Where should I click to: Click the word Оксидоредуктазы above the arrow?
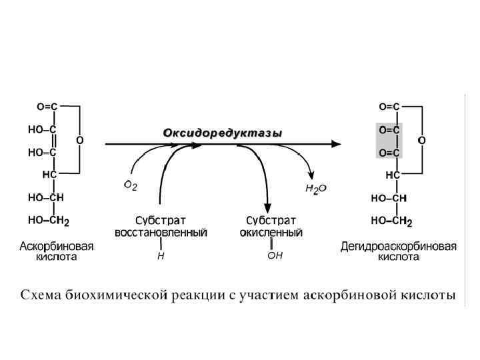point(223,133)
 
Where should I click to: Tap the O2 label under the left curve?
point(131,186)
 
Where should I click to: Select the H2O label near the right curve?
point(315,189)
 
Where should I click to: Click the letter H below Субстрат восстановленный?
point(160,255)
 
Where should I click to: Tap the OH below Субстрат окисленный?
point(275,255)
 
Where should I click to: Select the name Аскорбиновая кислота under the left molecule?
point(56,251)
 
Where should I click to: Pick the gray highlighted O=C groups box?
point(389,141)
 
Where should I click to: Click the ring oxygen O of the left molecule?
point(79,141)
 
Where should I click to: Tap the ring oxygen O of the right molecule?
point(421,141)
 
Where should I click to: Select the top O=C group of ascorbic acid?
point(47,106)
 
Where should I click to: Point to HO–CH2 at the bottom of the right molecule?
point(391,220)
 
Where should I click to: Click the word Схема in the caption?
point(45,295)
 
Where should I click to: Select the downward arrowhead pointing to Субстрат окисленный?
point(267,205)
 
